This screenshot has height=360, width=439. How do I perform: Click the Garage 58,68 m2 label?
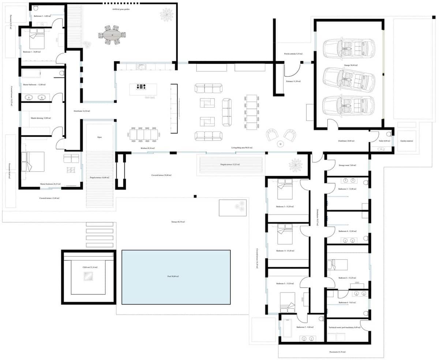point(350,65)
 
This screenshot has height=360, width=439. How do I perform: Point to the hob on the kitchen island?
point(141,87)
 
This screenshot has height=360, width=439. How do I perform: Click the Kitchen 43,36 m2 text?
point(148,148)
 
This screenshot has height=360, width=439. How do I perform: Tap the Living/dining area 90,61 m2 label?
point(242,148)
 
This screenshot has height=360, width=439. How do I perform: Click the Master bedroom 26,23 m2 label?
point(50,184)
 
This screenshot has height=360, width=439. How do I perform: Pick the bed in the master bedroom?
point(33,162)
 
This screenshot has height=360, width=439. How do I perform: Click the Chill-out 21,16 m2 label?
point(90,267)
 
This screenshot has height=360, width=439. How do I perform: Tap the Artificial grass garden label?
point(121,9)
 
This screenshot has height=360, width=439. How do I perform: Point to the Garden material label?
point(407,140)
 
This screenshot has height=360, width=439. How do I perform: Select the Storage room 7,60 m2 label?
point(348,165)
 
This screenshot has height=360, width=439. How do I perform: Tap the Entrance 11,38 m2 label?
point(293,81)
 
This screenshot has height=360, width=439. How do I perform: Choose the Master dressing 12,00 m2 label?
point(41,118)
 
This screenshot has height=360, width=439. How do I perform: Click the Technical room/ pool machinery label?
point(344,327)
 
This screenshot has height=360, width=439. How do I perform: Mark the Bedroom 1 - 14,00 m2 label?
point(32,52)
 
